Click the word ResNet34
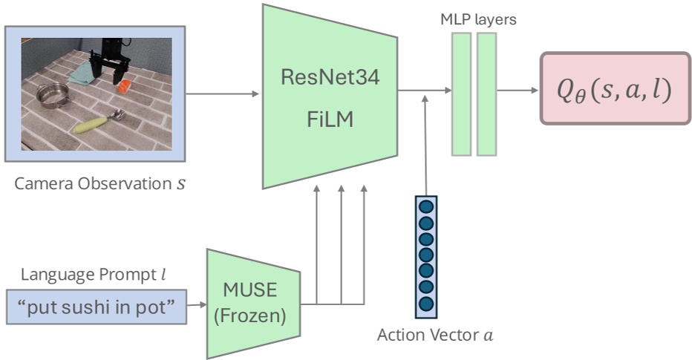tap(331, 77)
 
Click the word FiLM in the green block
tap(331, 120)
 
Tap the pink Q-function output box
tap(615, 88)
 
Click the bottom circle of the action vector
tap(425, 304)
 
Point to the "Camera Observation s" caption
tap(100, 182)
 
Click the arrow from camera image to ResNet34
tap(222, 94)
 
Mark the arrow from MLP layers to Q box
tap(518, 91)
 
